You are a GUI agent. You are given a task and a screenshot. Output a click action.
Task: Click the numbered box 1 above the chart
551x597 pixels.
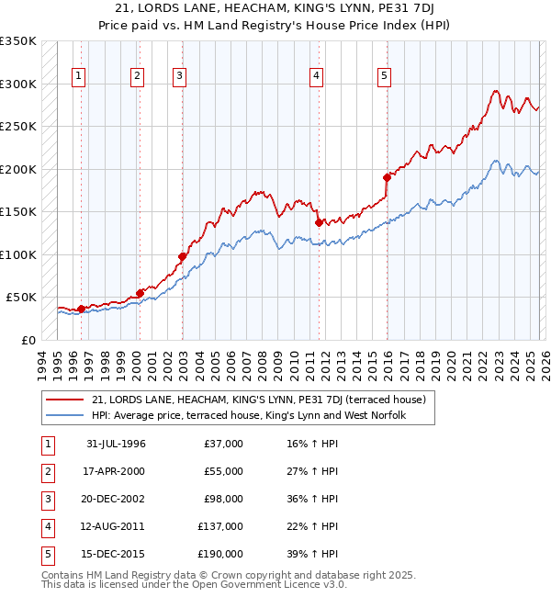[x=78, y=76]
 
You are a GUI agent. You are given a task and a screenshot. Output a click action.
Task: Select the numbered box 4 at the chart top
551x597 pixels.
[x=316, y=76]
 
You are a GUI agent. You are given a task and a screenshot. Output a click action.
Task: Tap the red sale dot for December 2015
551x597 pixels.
[x=387, y=177]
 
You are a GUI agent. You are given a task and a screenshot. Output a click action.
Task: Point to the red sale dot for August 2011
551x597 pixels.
[x=319, y=222]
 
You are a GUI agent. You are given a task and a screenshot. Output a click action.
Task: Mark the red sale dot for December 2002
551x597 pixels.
[x=183, y=256]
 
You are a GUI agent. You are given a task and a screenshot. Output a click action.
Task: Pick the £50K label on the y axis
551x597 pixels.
[x=22, y=298]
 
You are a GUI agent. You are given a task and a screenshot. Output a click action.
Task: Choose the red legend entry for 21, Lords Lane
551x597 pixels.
[x=258, y=400]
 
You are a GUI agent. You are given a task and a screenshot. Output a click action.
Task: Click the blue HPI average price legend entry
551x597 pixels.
[x=249, y=416]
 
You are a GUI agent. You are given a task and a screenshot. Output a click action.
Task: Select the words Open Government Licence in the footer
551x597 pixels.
[x=256, y=583]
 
